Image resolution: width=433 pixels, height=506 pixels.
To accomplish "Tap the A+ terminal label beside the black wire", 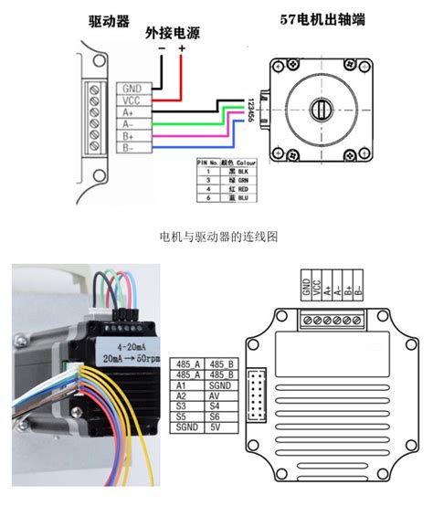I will point(129,113).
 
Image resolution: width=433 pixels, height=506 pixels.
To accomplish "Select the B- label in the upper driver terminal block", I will point(129,147).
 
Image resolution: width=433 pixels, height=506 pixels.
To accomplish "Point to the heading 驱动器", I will point(107,20).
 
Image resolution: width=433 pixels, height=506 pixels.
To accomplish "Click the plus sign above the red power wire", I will point(182,47).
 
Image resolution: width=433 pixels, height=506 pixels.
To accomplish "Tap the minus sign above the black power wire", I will point(162,47).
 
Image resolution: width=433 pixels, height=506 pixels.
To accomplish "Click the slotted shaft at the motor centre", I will point(322,111).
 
